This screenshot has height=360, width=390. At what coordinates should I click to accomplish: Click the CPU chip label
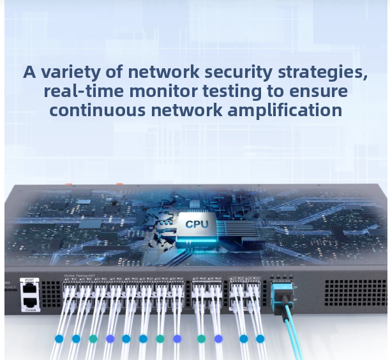(x=196, y=224)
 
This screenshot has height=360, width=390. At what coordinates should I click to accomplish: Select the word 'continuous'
(x=98, y=110)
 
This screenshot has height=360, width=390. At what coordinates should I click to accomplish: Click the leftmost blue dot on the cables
(x=59, y=338)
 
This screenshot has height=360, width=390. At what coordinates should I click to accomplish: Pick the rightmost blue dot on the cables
(x=260, y=338)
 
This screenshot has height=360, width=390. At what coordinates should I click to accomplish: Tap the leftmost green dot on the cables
(x=93, y=338)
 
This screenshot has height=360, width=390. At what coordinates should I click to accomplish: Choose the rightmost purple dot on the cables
(x=218, y=338)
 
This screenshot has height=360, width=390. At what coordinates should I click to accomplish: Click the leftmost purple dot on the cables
(x=110, y=338)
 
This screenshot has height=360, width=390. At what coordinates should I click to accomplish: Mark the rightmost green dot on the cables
(x=202, y=338)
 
